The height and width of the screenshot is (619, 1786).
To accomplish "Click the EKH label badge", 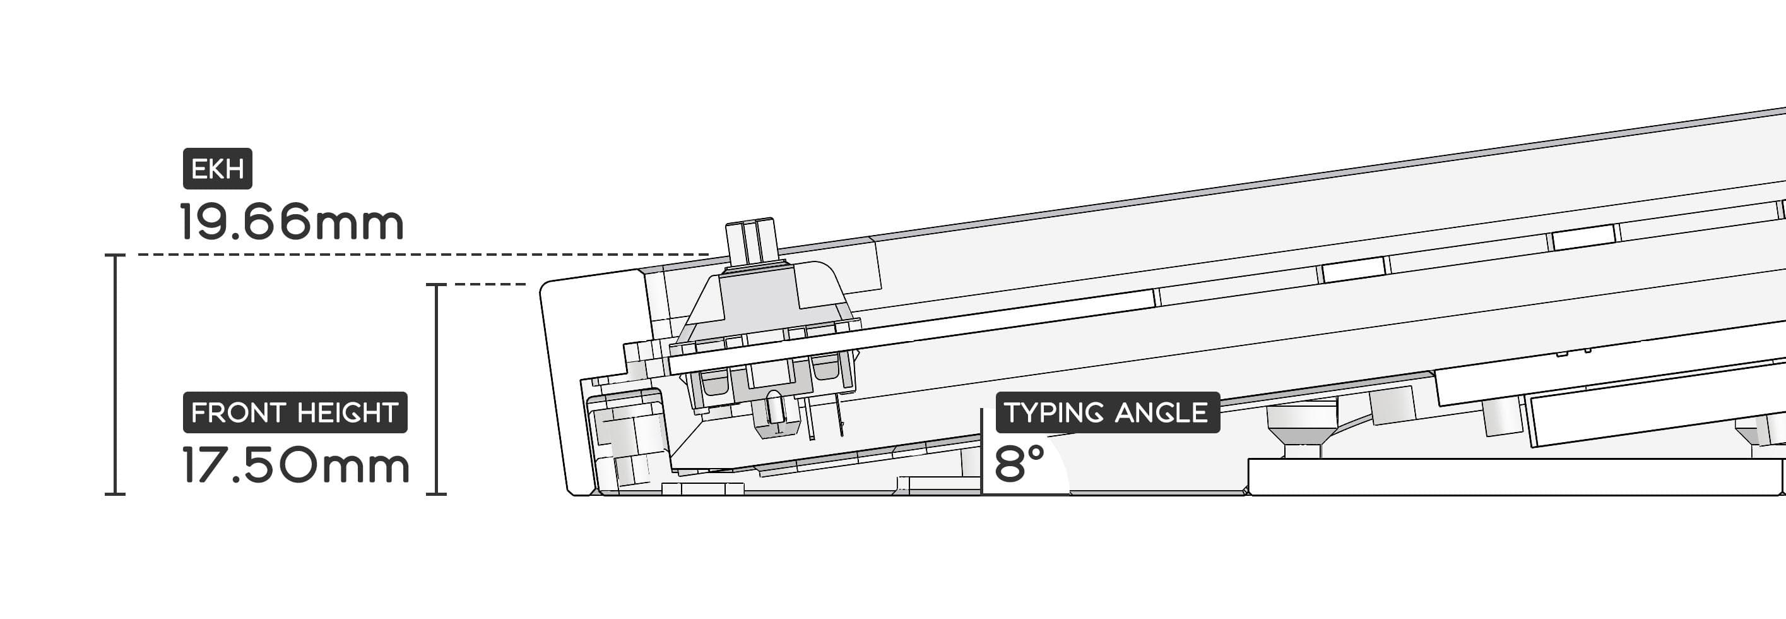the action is point(217,169).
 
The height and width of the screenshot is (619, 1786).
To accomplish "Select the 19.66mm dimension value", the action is point(291,222).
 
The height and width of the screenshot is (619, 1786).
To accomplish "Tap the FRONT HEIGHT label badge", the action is point(295,412).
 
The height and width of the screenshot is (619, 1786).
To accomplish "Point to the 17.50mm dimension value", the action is point(295,465).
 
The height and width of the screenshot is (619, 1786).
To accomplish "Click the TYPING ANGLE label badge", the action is point(1107,412).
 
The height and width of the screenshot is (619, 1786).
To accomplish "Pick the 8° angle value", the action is point(1019,464).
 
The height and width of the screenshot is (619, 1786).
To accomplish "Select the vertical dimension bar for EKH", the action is point(115,375).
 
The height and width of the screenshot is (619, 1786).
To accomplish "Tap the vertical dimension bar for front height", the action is point(436,389).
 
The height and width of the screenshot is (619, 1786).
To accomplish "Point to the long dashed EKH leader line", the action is point(423,255).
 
